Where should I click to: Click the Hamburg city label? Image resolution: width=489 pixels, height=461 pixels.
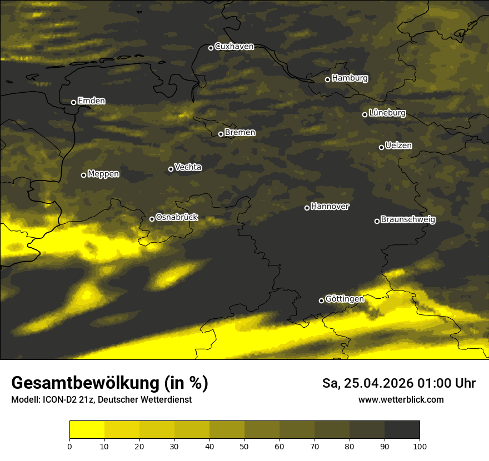click(350, 78)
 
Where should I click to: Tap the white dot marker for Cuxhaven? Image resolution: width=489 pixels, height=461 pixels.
click(211, 48)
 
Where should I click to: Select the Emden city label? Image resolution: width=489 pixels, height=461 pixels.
click(91, 101)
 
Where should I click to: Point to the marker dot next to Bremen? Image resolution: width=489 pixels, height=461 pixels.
click(221, 134)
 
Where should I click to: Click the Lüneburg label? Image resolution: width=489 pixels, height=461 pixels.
click(387, 113)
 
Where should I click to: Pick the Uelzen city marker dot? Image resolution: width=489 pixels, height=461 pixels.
click(381, 147)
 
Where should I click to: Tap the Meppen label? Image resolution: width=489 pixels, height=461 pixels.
click(103, 174)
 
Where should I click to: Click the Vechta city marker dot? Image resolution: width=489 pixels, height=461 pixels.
click(171, 169)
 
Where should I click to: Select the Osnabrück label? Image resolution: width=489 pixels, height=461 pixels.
click(177, 218)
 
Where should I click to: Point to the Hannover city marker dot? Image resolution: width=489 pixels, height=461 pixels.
click(307, 208)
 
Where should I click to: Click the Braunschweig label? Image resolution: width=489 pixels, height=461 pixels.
click(408, 220)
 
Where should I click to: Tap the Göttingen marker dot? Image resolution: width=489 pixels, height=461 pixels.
click(321, 300)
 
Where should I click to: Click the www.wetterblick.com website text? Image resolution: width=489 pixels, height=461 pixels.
click(401, 400)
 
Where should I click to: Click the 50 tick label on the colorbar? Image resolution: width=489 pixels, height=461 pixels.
click(244, 446)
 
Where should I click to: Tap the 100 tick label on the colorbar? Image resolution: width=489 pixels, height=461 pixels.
click(420, 446)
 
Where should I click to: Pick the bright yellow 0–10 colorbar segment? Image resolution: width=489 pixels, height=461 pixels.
click(87, 430)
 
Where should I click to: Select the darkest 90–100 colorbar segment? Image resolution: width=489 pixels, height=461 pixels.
click(402, 430)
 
